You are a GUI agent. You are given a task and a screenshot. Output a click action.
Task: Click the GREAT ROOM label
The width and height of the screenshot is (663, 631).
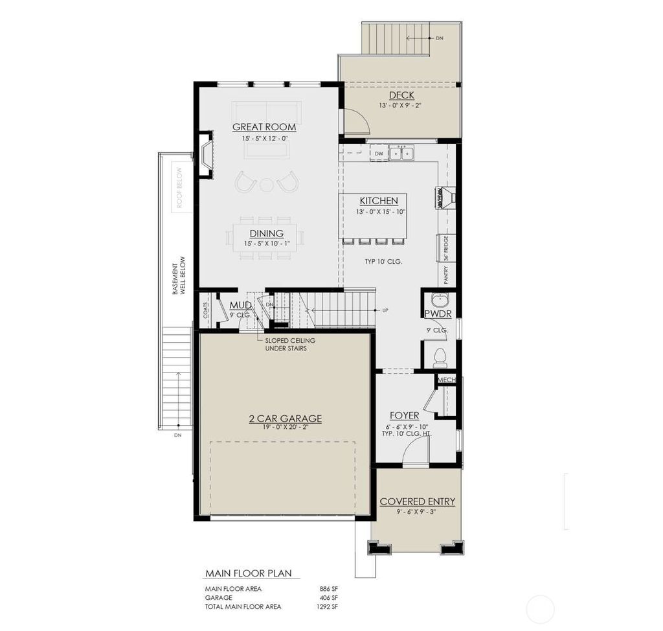click(x=264, y=127)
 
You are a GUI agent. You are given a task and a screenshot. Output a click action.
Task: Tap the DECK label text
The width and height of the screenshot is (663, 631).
click(x=401, y=96)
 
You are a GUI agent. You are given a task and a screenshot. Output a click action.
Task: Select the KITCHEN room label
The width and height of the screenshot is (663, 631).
click(x=379, y=201)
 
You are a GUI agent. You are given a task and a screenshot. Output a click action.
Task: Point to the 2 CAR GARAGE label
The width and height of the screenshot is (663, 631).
click(x=286, y=419)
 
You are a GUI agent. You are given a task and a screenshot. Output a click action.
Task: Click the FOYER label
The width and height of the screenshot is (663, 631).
click(x=404, y=415)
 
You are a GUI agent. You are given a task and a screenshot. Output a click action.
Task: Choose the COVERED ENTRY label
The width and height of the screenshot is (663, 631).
click(x=417, y=501)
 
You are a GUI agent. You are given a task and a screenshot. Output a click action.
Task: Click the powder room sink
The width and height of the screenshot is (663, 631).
click(x=440, y=302)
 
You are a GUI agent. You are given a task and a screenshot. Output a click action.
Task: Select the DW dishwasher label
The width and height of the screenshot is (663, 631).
click(x=379, y=154)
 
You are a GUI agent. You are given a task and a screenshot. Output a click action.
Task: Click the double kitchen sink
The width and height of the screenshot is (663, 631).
click(x=401, y=154)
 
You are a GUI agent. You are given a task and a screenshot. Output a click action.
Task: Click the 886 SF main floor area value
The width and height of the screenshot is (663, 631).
click(x=329, y=588)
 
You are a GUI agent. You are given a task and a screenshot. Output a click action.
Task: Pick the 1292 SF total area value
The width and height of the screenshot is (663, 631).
click(x=327, y=606)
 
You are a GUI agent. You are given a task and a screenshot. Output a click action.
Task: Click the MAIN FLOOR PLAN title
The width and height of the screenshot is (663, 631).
click(x=248, y=573)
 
